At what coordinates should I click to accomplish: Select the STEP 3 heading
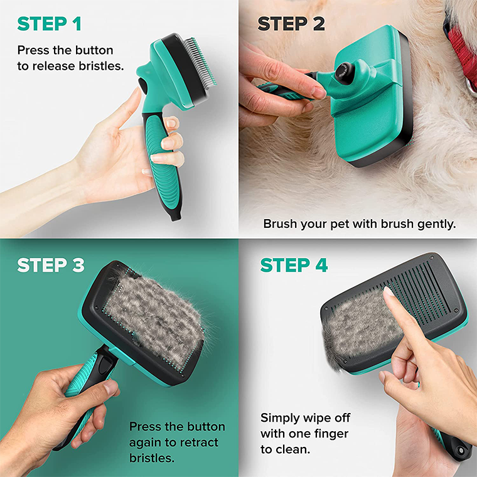pyautogui.click(x=51, y=265)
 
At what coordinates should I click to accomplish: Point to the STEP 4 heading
pyautogui.click(x=294, y=265)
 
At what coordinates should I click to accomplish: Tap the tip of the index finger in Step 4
pyautogui.click(x=388, y=294)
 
